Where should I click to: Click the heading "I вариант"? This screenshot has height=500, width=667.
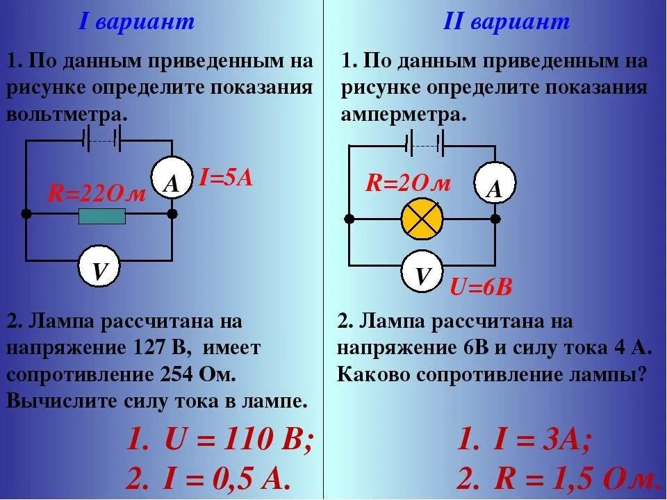coord(136,22)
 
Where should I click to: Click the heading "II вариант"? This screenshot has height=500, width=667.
coord(507,22)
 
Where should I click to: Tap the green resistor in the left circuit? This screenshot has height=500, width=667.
coord(102,217)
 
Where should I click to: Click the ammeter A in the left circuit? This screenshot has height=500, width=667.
coord(172,183)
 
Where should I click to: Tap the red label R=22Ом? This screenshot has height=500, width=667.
coord(97,194)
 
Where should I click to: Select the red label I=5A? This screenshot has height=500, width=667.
coord(226,178)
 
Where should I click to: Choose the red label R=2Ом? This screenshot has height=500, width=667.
coord(409,183)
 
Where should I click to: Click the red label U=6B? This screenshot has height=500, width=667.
coord(481,287)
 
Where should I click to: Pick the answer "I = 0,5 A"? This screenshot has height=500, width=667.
coord(226,478)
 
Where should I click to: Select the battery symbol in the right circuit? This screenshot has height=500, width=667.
coord(424,144)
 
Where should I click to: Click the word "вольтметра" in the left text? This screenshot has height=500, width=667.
coord(67,112)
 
